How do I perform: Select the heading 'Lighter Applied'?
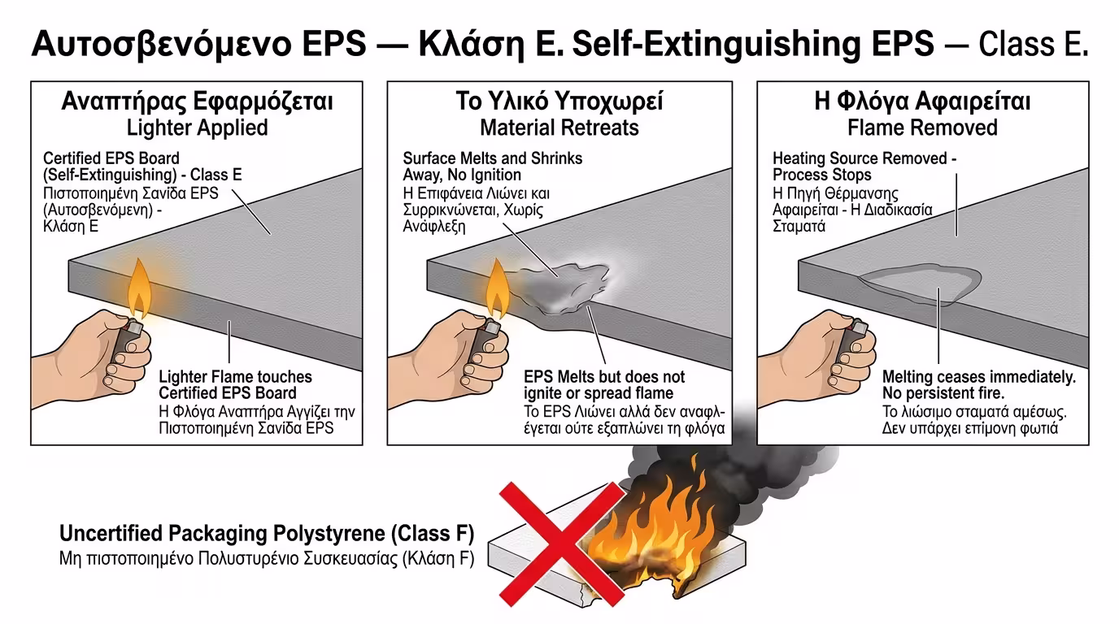pyautogui.click(x=197, y=128)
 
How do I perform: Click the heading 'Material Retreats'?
pyautogui.click(x=559, y=128)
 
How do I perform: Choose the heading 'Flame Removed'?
pyautogui.click(x=922, y=128)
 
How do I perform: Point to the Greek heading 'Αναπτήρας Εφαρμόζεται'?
pyautogui.click(x=197, y=102)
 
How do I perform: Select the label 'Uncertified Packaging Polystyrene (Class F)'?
pyautogui.click(x=267, y=534)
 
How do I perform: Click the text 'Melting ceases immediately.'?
pyautogui.click(x=979, y=377)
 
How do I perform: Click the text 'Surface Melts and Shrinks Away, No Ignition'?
pyautogui.click(x=492, y=167)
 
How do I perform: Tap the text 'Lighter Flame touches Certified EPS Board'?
pyautogui.click(x=235, y=385)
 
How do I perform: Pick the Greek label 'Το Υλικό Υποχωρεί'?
pyautogui.click(x=559, y=102)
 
